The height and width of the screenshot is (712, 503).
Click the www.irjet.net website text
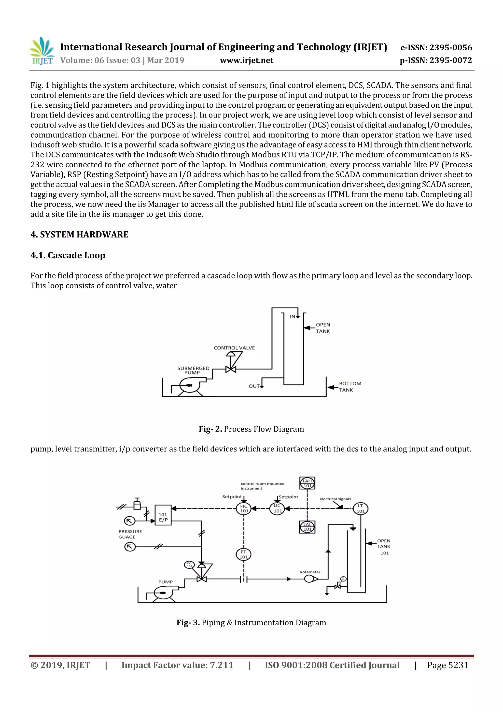246,60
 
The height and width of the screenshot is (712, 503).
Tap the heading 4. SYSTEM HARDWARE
79,234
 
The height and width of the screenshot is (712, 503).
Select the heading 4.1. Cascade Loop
68,255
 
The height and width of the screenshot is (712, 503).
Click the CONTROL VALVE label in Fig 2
234,348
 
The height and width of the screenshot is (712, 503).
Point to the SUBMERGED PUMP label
193,370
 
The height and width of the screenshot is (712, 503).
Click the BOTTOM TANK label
350,387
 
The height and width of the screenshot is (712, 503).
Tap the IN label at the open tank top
293,317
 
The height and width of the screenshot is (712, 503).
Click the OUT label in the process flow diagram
254,386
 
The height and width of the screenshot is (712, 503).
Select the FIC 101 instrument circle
244,509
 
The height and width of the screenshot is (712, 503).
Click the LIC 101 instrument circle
277,509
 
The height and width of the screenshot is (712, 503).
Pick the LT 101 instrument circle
361,509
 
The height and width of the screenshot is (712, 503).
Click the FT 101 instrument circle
244,554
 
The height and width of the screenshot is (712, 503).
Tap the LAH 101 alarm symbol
307,483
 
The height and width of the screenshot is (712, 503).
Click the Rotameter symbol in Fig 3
310,579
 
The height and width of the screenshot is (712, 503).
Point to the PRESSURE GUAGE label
130,534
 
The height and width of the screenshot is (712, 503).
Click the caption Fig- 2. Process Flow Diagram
251,429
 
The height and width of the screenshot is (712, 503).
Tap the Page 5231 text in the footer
447,665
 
